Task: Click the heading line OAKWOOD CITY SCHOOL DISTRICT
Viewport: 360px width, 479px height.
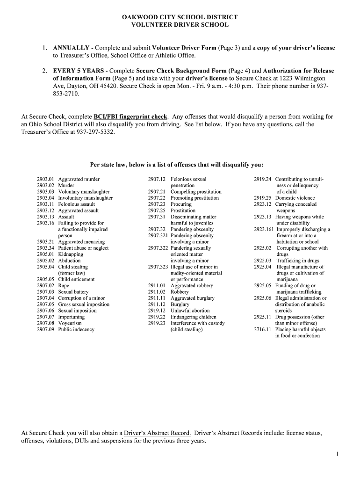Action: click(180, 17)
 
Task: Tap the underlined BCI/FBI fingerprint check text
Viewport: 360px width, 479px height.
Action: click(130, 116)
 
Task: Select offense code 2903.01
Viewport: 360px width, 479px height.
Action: click(46, 179)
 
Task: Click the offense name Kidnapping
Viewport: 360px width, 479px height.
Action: click(71, 254)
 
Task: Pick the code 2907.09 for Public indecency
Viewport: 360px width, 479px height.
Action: click(46, 329)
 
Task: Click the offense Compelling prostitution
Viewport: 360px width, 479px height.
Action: click(196, 192)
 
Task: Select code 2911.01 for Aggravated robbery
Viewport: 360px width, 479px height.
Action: click(157, 285)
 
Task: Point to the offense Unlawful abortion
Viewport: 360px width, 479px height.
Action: click(190, 311)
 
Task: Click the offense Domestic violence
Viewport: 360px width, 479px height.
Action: click(295, 198)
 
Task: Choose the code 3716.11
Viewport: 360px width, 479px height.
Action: click(262, 329)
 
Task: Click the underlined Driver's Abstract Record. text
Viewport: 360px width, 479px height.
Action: click(157, 433)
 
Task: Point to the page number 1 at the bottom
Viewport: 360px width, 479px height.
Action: click(337, 454)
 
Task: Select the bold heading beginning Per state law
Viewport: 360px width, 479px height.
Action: click(176, 165)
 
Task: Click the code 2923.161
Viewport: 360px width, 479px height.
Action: click(264, 229)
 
